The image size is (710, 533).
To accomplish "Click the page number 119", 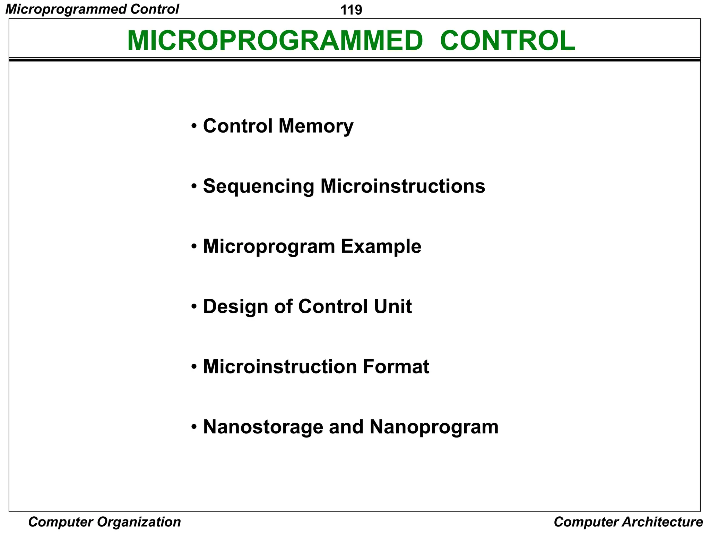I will click(x=351, y=10).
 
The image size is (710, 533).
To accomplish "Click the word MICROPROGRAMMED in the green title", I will click(x=275, y=41).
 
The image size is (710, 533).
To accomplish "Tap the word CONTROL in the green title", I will click(x=508, y=41).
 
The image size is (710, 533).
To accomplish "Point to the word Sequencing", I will click(x=258, y=187).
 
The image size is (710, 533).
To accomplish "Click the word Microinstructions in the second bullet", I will click(x=402, y=186).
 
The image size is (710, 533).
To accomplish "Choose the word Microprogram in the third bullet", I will click(x=269, y=247).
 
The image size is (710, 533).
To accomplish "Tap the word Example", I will click(x=381, y=247).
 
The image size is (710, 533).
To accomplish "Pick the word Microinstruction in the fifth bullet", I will click(x=280, y=366).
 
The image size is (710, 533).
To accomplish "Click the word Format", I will click(x=396, y=366).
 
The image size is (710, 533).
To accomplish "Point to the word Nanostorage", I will click(x=263, y=427).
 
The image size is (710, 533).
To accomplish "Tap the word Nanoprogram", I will click(x=434, y=428).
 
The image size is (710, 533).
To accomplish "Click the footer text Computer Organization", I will click(x=104, y=522).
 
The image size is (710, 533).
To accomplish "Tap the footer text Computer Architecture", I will click(x=628, y=522).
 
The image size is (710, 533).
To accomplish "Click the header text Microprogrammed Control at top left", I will click(x=92, y=9).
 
